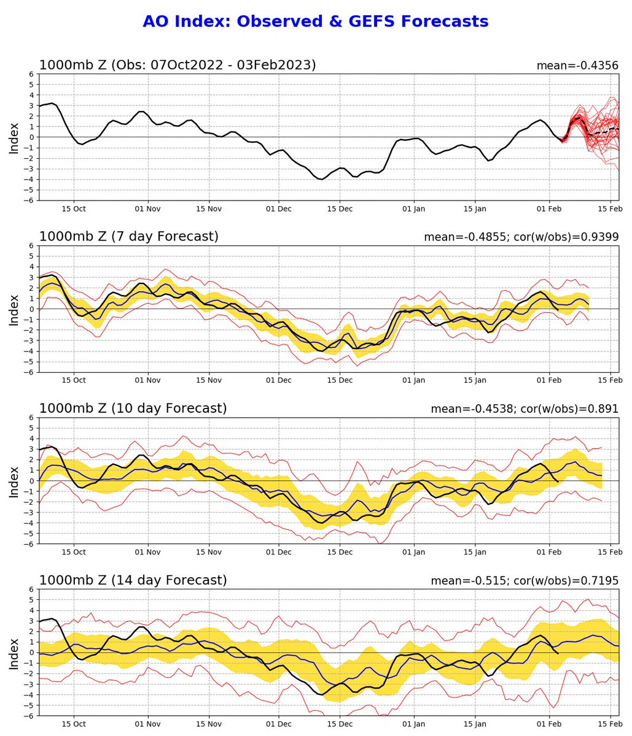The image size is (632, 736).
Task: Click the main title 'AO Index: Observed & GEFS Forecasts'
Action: (315, 21)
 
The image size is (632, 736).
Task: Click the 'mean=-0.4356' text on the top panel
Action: (577, 66)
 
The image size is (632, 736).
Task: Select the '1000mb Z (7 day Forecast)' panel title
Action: (129, 236)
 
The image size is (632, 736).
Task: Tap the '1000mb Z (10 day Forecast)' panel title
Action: (133, 408)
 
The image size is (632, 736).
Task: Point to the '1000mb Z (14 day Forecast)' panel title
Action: (133, 580)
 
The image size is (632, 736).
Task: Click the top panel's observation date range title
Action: (178, 65)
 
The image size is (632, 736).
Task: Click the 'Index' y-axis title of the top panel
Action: (14, 137)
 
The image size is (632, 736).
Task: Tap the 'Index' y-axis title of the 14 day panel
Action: (14, 653)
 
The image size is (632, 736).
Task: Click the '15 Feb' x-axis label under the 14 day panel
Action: (610, 724)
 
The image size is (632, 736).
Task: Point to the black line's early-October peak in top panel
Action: (52, 103)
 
